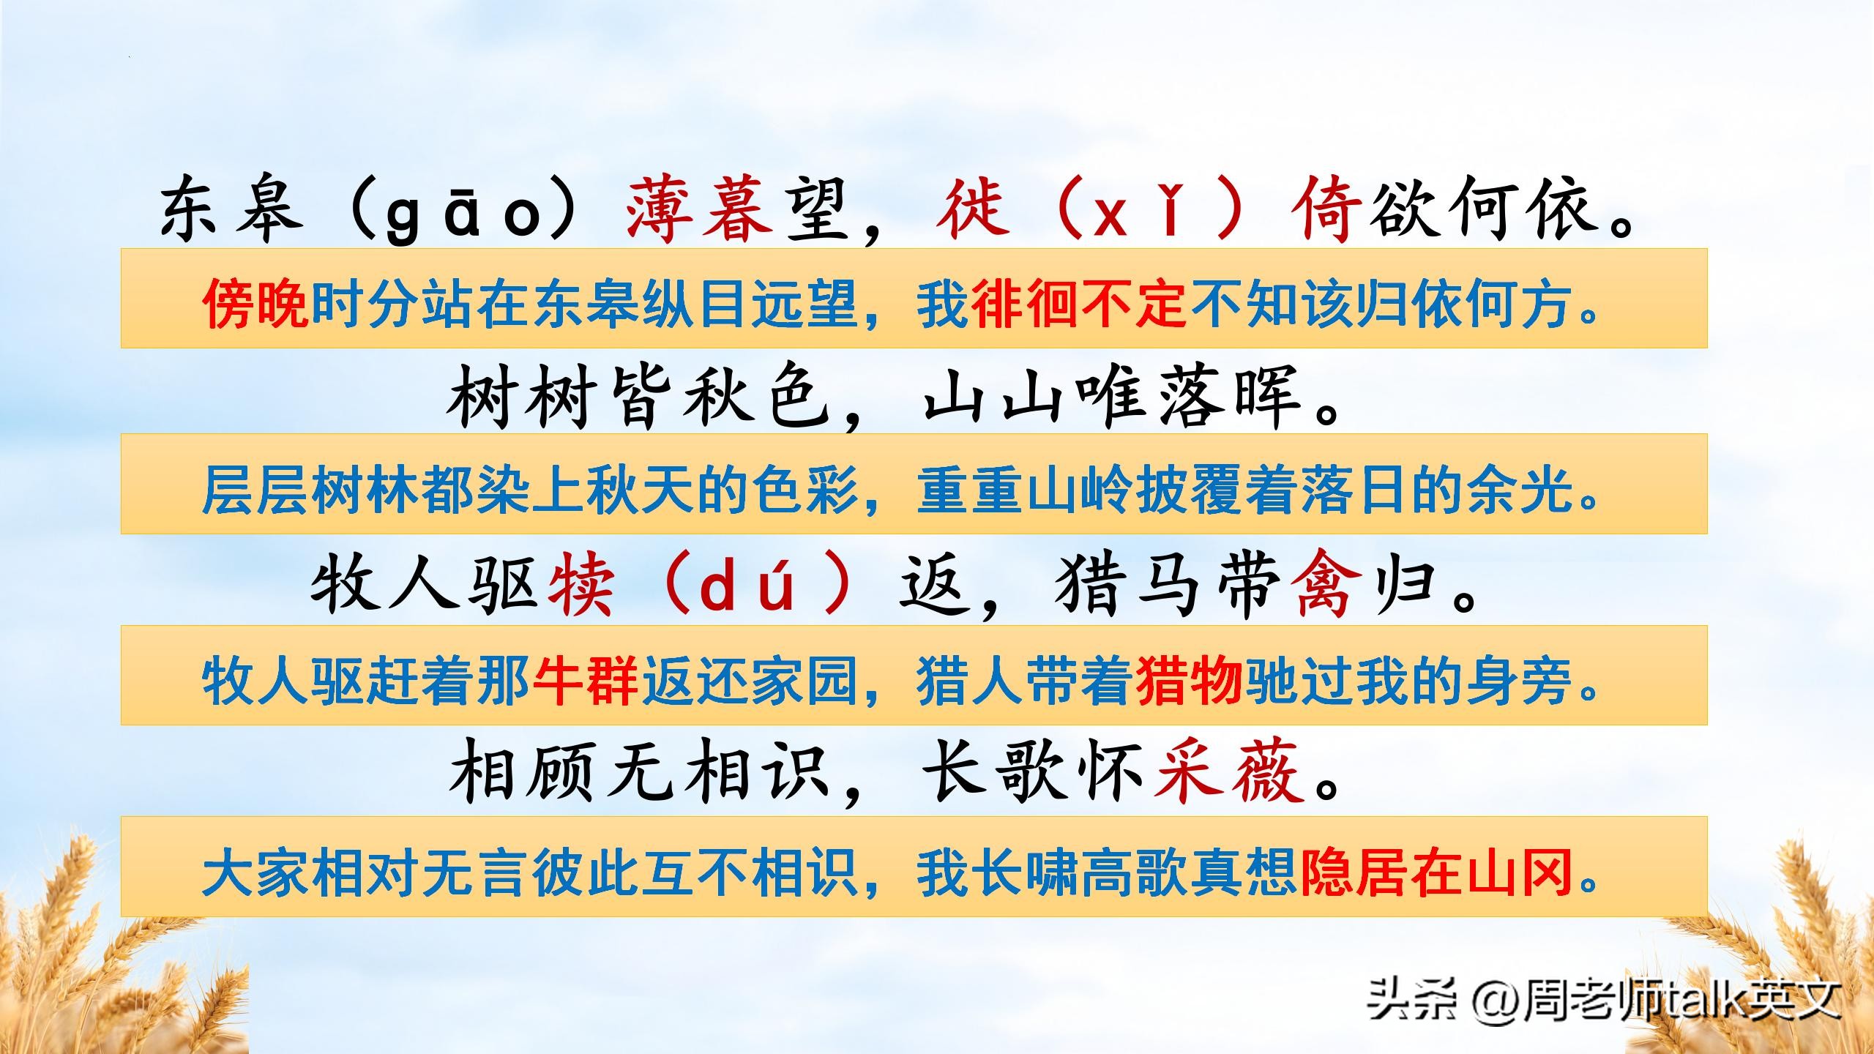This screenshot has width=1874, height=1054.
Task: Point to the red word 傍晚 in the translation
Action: [255, 304]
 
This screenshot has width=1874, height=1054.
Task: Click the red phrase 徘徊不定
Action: [1078, 304]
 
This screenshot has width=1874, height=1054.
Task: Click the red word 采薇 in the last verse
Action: [1228, 774]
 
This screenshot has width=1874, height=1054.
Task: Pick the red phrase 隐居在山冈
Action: [1436, 872]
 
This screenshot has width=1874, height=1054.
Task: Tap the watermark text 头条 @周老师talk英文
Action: [1603, 999]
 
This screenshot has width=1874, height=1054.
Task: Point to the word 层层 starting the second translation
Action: [255, 490]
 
